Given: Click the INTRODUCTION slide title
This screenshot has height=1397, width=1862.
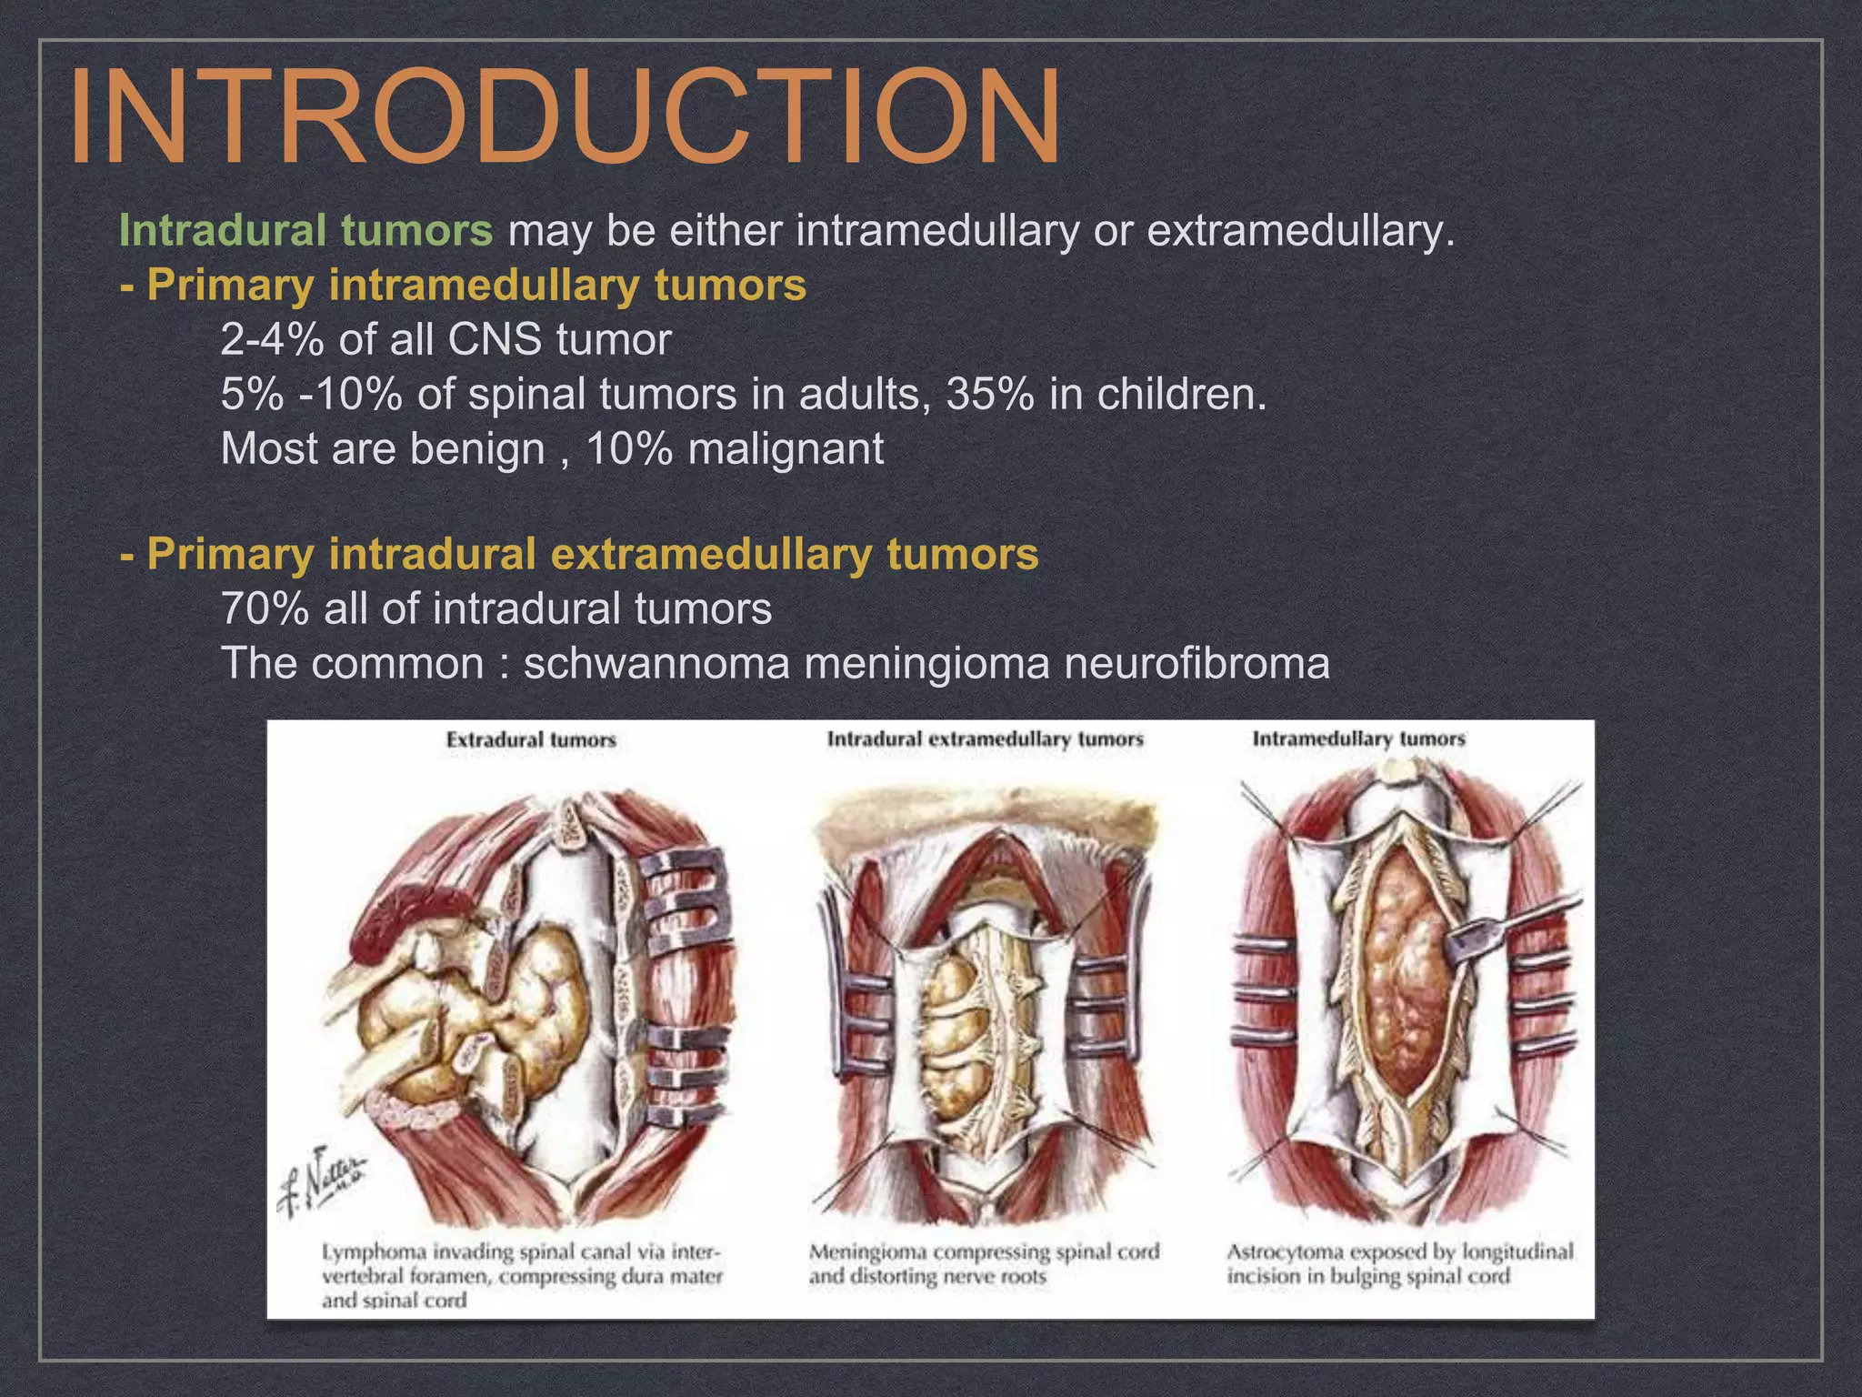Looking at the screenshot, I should point(564,116).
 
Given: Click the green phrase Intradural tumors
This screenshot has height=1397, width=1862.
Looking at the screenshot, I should point(305,230).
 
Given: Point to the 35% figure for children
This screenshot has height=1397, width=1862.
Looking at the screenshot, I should point(989,395).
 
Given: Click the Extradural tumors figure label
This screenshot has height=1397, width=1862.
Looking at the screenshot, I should point(531,740).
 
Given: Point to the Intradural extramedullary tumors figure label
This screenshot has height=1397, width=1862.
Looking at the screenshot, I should point(985,739).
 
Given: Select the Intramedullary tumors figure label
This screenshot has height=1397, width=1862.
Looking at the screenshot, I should point(1358,739).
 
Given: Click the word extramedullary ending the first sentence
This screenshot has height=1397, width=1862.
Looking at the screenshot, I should point(1294,230).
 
